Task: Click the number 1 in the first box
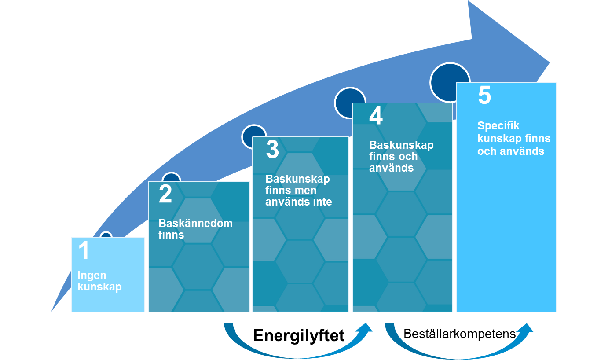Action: [x=84, y=251]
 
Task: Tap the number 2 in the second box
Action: [x=165, y=195]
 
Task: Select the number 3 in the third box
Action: [x=272, y=150]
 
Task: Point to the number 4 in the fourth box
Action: [x=376, y=116]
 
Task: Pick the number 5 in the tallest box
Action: [x=484, y=96]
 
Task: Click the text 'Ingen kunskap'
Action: [x=99, y=281]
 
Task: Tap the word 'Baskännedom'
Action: [x=195, y=223]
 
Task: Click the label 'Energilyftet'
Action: [x=299, y=336]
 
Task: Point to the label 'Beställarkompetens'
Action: [x=460, y=334]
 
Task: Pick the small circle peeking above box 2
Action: [x=171, y=178]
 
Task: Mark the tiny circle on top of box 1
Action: [x=106, y=236]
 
